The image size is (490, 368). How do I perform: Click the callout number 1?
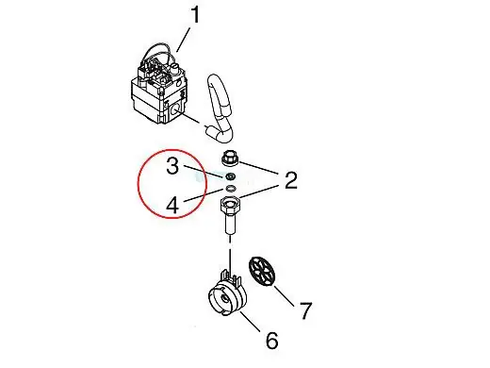point(195,14)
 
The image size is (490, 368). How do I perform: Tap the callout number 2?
point(291,180)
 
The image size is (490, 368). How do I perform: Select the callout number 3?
point(172,166)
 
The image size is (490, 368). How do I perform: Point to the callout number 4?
point(172,206)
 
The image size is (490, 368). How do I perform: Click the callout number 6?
point(272,341)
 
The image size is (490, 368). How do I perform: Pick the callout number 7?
point(306,310)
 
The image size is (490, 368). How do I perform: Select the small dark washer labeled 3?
point(230,176)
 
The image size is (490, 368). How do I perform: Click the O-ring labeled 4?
point(230,189)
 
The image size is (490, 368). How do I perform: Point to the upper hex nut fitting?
point(230,159)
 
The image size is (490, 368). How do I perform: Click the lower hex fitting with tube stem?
point(230,214)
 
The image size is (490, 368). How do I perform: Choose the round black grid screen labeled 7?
point(262,271)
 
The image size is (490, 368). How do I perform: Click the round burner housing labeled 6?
point(227,294)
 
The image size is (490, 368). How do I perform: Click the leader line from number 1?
point(183,40)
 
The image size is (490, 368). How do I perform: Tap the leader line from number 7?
point(284,295)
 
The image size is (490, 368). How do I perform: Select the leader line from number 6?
point(251,322)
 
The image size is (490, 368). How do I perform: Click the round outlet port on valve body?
point(173,109)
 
